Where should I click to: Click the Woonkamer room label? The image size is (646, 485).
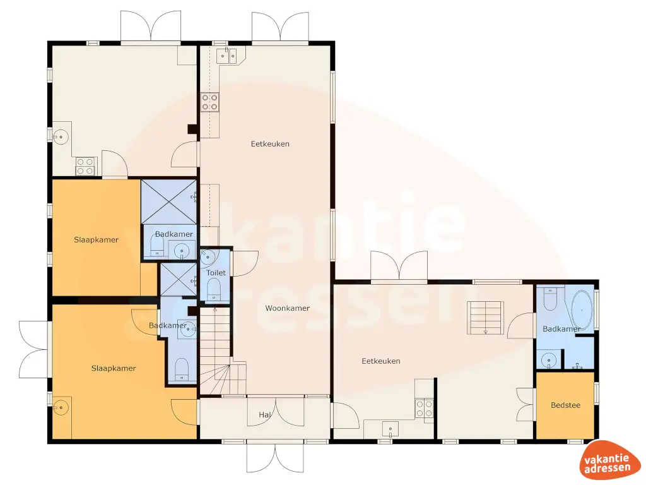coord(287,308)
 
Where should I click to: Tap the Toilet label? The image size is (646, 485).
coord(216,273)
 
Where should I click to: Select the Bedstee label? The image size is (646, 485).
coord(565,405)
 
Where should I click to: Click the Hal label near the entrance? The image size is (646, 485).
coord(265,414)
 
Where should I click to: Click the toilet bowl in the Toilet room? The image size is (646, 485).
coord(214,289)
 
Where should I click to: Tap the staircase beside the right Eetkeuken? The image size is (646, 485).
coord(486,317)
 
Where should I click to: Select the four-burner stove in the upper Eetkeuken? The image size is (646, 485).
coord(209,102)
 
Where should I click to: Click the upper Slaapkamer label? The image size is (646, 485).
coord(96,240)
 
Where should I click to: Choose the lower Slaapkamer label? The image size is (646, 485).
coord(114,368)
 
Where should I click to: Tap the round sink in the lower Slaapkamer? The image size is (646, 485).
coord(61,408)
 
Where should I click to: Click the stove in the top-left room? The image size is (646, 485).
coord(85,166)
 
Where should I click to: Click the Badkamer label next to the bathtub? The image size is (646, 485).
coord(561,329)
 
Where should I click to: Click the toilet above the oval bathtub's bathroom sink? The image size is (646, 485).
coord(550,301)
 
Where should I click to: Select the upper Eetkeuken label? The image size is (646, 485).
coord(270,144)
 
